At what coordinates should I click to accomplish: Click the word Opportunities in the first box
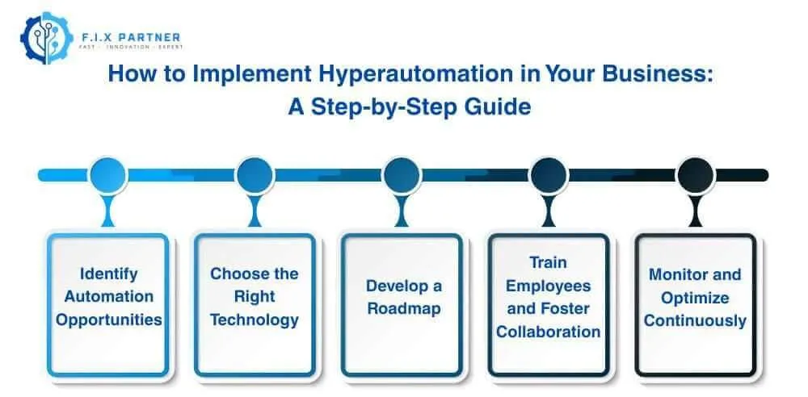(108, 320)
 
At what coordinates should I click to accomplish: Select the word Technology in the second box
(255, 320)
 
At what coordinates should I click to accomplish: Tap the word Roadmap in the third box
(402, 308)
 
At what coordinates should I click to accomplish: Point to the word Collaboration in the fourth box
(548, 332)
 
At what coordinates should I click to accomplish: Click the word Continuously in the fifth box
(695, 320)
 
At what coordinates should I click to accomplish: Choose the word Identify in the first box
(108, 274)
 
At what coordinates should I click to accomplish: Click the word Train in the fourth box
(548, 262)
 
